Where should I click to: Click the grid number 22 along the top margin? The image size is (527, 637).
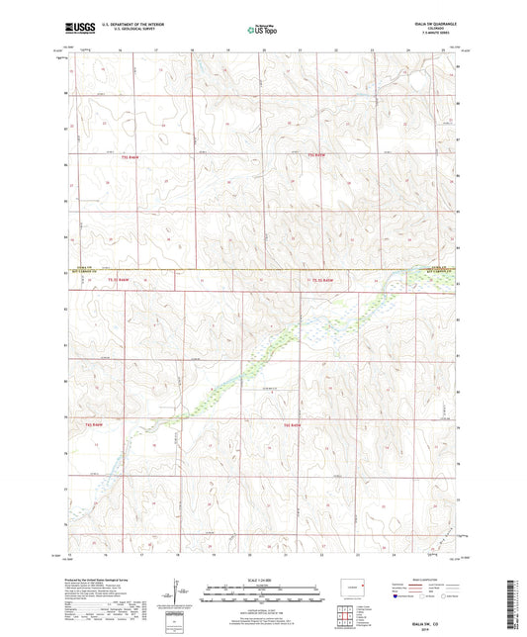click(335, 47)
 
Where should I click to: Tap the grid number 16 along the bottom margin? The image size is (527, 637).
click(118, 557)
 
